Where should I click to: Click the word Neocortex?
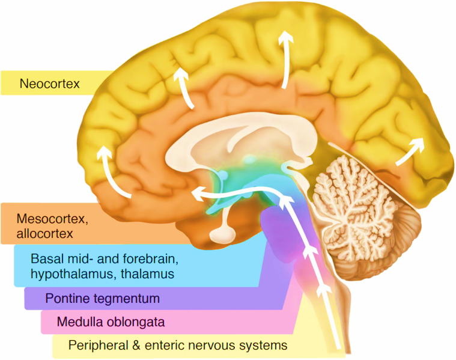tap(49, 84)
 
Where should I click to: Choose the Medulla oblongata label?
tap(111, 322)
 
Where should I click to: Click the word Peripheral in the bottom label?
tap(96, 346)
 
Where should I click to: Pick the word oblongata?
tap(137, 322)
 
